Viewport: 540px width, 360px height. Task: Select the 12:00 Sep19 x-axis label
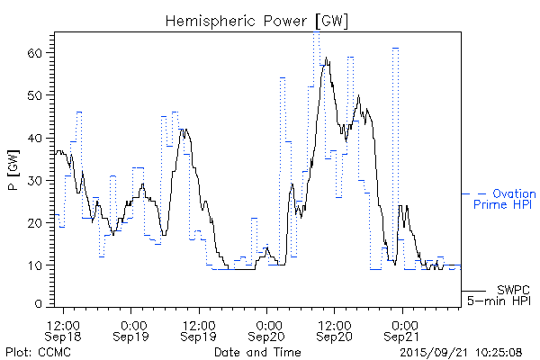click(x=199, y=329)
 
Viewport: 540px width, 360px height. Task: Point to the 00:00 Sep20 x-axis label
click(x=266, y=329)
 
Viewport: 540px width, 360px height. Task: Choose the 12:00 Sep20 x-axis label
click(x=334, y=329)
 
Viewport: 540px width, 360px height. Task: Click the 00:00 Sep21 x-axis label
click(x=401, y=329)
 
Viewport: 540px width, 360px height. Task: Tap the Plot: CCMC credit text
click(x=38, y=352)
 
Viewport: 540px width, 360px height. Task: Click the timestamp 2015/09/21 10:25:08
click(x=460, y=352)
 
